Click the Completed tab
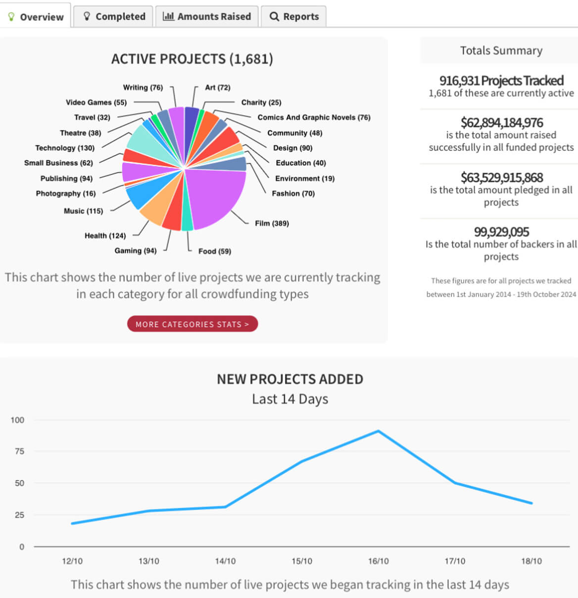coord(114,16)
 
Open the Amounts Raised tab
coord(207,16)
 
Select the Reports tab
coord(294,16)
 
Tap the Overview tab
coord(36,17)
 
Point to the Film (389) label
coord(272,223)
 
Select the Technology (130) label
coord(65,148)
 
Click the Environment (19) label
coord(305,178)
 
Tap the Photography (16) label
coord(66,193)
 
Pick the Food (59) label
coord(215,251)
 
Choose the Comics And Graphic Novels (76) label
coord(314,117)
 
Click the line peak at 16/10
coord(379,431)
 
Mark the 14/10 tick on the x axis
coord(225,561)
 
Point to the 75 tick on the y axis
coord(19,451)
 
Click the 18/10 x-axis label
coord(531,561)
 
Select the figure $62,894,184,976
coord(501,122)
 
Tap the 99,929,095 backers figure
coord(501,232)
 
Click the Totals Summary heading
coord(501,50)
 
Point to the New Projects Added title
coord(290,379)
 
